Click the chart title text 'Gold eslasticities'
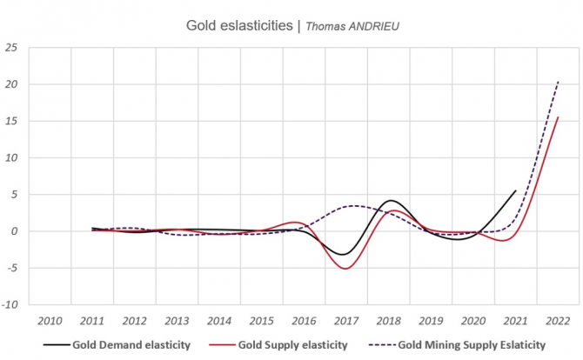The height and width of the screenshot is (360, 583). pyautogui.click(x=241, y=25)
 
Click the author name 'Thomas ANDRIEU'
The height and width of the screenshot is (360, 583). pyautogui.click(x=351, y=26)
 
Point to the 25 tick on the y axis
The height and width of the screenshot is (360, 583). pyautogui.click(x=12, y=48)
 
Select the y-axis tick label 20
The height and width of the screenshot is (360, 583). pyautogui.click(x=12, y=84)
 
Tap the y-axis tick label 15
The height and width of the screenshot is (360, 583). pyautogui.click(x=12, y=121)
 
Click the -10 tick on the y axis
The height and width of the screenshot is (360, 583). pyautogui.click(x=10, y=304)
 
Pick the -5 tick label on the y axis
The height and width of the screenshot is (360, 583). pyautogui.click(x=13, y=268)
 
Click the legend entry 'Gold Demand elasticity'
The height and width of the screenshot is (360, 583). pyautogui.click(x=131, y=343)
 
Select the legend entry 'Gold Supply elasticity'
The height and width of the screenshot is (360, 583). pyautogui.click(x=293, y=343)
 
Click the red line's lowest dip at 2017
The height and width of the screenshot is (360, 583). pyautogui.click(x=346, y=269)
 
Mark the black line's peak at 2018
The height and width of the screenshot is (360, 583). pyautogui.click(x=392, y=201)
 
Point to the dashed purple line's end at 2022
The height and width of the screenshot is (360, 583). pyautogui.click(x=559, y=81)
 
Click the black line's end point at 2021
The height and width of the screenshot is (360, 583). pyautogui.click(x=516, y=190)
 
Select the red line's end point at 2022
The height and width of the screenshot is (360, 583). pyautogui.click(x=559, y=117)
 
